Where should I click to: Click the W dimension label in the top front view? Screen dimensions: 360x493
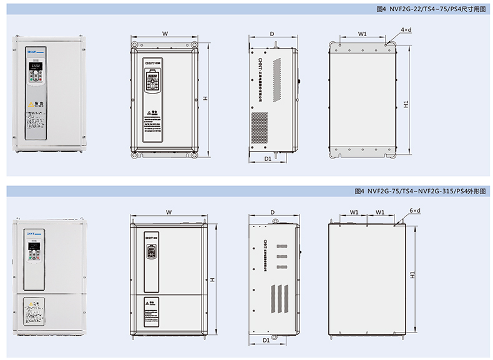(165, 32)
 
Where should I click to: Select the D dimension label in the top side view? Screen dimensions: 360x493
(273, 32)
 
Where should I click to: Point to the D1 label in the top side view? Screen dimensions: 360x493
(267, 160)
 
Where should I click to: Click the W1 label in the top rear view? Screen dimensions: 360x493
(363, 32)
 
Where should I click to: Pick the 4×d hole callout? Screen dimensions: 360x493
(406, 29)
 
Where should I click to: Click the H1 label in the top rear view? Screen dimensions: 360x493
(406, 104)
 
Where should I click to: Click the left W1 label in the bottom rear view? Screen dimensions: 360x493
(354, 213)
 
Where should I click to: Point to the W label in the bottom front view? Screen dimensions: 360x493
(168, 213)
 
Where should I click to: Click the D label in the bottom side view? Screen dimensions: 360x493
(273, 213)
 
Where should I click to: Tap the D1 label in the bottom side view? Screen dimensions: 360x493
(266, 341)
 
